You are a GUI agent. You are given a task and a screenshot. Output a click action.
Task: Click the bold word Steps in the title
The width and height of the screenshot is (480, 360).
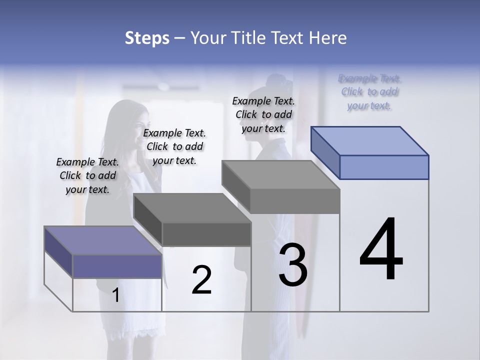(146, 38)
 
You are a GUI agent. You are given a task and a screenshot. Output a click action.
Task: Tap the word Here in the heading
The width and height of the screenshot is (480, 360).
(327, 38)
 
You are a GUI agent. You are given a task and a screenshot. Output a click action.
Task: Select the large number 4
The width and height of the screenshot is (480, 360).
(381, 250)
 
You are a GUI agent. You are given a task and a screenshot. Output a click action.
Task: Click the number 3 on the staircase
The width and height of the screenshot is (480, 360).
(293, 265)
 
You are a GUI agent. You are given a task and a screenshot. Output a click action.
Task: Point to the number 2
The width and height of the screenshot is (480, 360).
(201, 280)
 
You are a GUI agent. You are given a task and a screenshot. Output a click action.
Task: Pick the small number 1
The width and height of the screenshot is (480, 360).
(115, 295)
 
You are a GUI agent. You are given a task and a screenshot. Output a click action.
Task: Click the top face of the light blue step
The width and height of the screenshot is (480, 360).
(370, 141)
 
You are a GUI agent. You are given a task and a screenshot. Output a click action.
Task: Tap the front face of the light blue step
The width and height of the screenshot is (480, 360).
(384, 167)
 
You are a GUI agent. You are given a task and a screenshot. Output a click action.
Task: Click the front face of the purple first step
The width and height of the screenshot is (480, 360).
(117, 266)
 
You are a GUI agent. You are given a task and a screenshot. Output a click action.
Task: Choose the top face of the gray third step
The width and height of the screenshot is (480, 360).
(280, 175)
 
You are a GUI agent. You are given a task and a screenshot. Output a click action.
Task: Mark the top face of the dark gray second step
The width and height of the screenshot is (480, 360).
(192, 208)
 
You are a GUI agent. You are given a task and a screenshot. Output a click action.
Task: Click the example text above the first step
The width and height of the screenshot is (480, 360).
(87, 175)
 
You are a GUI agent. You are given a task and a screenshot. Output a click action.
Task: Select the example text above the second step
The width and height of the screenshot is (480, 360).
(174, 146)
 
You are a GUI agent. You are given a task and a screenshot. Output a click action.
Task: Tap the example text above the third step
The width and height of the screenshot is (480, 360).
(263, 114)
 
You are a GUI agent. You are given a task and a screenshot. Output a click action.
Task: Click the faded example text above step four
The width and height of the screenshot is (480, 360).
(369, 92)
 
